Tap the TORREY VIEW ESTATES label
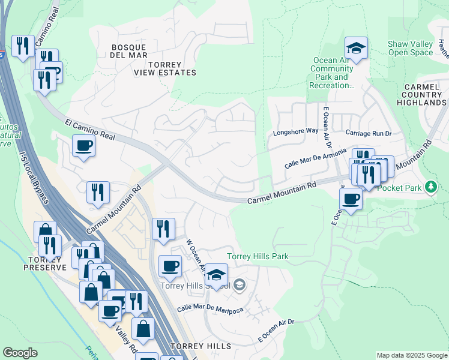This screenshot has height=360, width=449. pos(164,67)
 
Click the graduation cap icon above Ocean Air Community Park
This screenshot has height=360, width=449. pos(356,48)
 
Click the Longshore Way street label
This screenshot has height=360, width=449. pos(295,131)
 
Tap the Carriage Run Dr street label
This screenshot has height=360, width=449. pos(368,132)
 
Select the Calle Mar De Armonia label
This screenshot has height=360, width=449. pos(316,158)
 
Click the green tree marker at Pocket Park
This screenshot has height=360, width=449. pos(430,188)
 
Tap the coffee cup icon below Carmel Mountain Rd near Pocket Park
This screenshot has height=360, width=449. pos(351,199)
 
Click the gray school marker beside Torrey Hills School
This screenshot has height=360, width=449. pos(240,284)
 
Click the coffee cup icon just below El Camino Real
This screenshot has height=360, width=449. pos(84,145)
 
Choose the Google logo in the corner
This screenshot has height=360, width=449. pos(20,353)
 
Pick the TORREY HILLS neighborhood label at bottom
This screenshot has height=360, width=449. pos(200,347)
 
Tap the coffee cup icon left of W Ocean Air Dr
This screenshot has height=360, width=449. pos(170,266)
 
